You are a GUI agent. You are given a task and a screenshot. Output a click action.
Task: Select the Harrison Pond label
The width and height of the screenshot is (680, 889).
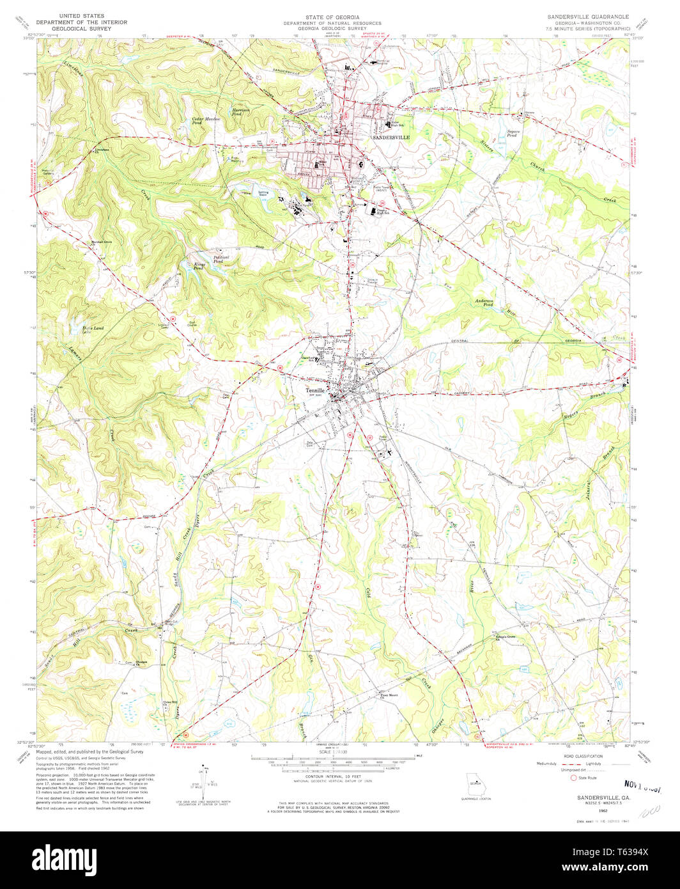[x=240, y=111]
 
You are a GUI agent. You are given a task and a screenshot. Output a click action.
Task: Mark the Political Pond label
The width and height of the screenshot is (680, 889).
[x=221, y=259]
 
